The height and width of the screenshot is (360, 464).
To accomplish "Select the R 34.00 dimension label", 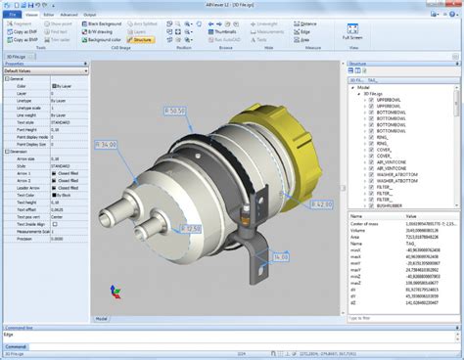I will [x=107, y=145].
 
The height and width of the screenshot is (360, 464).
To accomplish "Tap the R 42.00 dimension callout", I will [x=320, y=204].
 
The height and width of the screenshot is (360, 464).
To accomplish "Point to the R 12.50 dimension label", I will [x=191, y=229].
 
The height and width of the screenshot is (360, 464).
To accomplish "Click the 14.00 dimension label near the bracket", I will [x=280, y=256].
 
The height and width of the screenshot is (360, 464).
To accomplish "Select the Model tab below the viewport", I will [x=101, y=318].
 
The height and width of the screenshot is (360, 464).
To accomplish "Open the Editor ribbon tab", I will [x=46, y=16].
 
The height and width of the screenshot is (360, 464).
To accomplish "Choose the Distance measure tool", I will [x=304, y=22].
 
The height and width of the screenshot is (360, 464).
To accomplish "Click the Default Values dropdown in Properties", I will [x=44, y=71].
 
